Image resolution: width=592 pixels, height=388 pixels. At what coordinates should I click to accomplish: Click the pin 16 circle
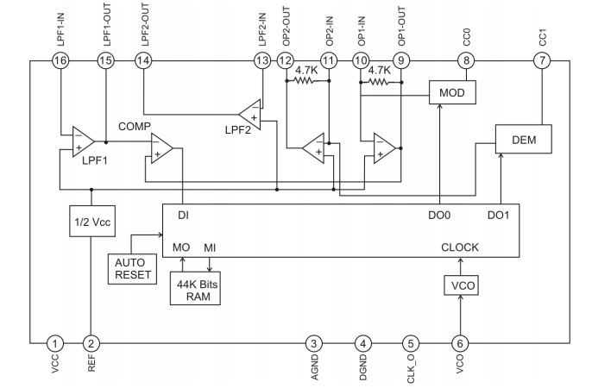click(x=60, y=60)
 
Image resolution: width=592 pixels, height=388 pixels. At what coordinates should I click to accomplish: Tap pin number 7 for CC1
click(x=542, y=60)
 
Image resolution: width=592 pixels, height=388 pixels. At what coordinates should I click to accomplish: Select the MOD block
click(x=452, y=92)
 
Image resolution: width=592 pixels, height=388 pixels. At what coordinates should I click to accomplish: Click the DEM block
click(x=524, y=139)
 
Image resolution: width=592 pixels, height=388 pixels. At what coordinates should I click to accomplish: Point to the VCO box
click(x=461, y=285)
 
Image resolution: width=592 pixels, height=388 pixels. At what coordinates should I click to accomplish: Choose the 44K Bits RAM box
click(x=195, y=289)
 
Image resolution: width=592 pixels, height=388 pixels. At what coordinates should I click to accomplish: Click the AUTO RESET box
click(x=132, y=269)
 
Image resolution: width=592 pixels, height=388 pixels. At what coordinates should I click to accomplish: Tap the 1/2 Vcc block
click(x=92, y=222)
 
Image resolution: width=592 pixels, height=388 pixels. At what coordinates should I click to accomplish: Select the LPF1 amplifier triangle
click(x=83, y=141)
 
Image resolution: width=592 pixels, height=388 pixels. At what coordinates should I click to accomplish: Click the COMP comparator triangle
click(x=161, y=148)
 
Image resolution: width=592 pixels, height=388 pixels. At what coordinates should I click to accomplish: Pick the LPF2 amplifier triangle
click(x=250, y=115)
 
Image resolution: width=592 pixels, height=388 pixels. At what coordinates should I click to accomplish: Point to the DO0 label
click(x=439, y=216)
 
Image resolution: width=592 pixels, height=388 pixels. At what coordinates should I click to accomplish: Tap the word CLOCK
click(x=460, y=247)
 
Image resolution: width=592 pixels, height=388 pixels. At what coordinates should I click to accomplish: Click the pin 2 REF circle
click(x=91, y=343)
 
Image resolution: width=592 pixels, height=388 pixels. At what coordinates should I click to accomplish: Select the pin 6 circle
click(x=460, y=343)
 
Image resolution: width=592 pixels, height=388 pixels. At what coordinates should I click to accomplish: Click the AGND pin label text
click(x=314, y=367)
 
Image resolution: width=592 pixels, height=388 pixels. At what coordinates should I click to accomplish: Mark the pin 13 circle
click(x=262, y=60)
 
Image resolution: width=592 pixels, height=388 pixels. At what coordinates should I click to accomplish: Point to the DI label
click(x=184, y=216)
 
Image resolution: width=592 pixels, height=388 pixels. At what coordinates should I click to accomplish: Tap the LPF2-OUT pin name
click(x=145, y=24)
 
